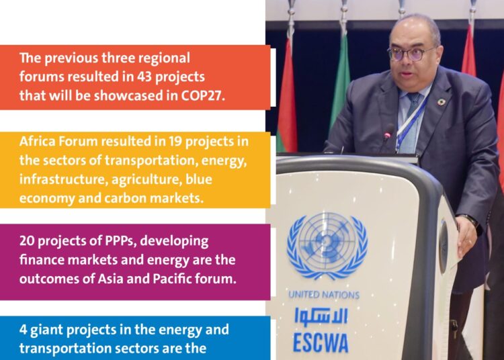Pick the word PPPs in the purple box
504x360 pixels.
[122, 241]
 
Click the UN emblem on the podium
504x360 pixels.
[327, 246]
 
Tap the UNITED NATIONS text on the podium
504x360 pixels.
[324, 295]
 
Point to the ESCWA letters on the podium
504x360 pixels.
[321, 342]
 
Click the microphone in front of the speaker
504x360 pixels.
[388, 134]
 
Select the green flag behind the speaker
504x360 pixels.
[341, 87]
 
